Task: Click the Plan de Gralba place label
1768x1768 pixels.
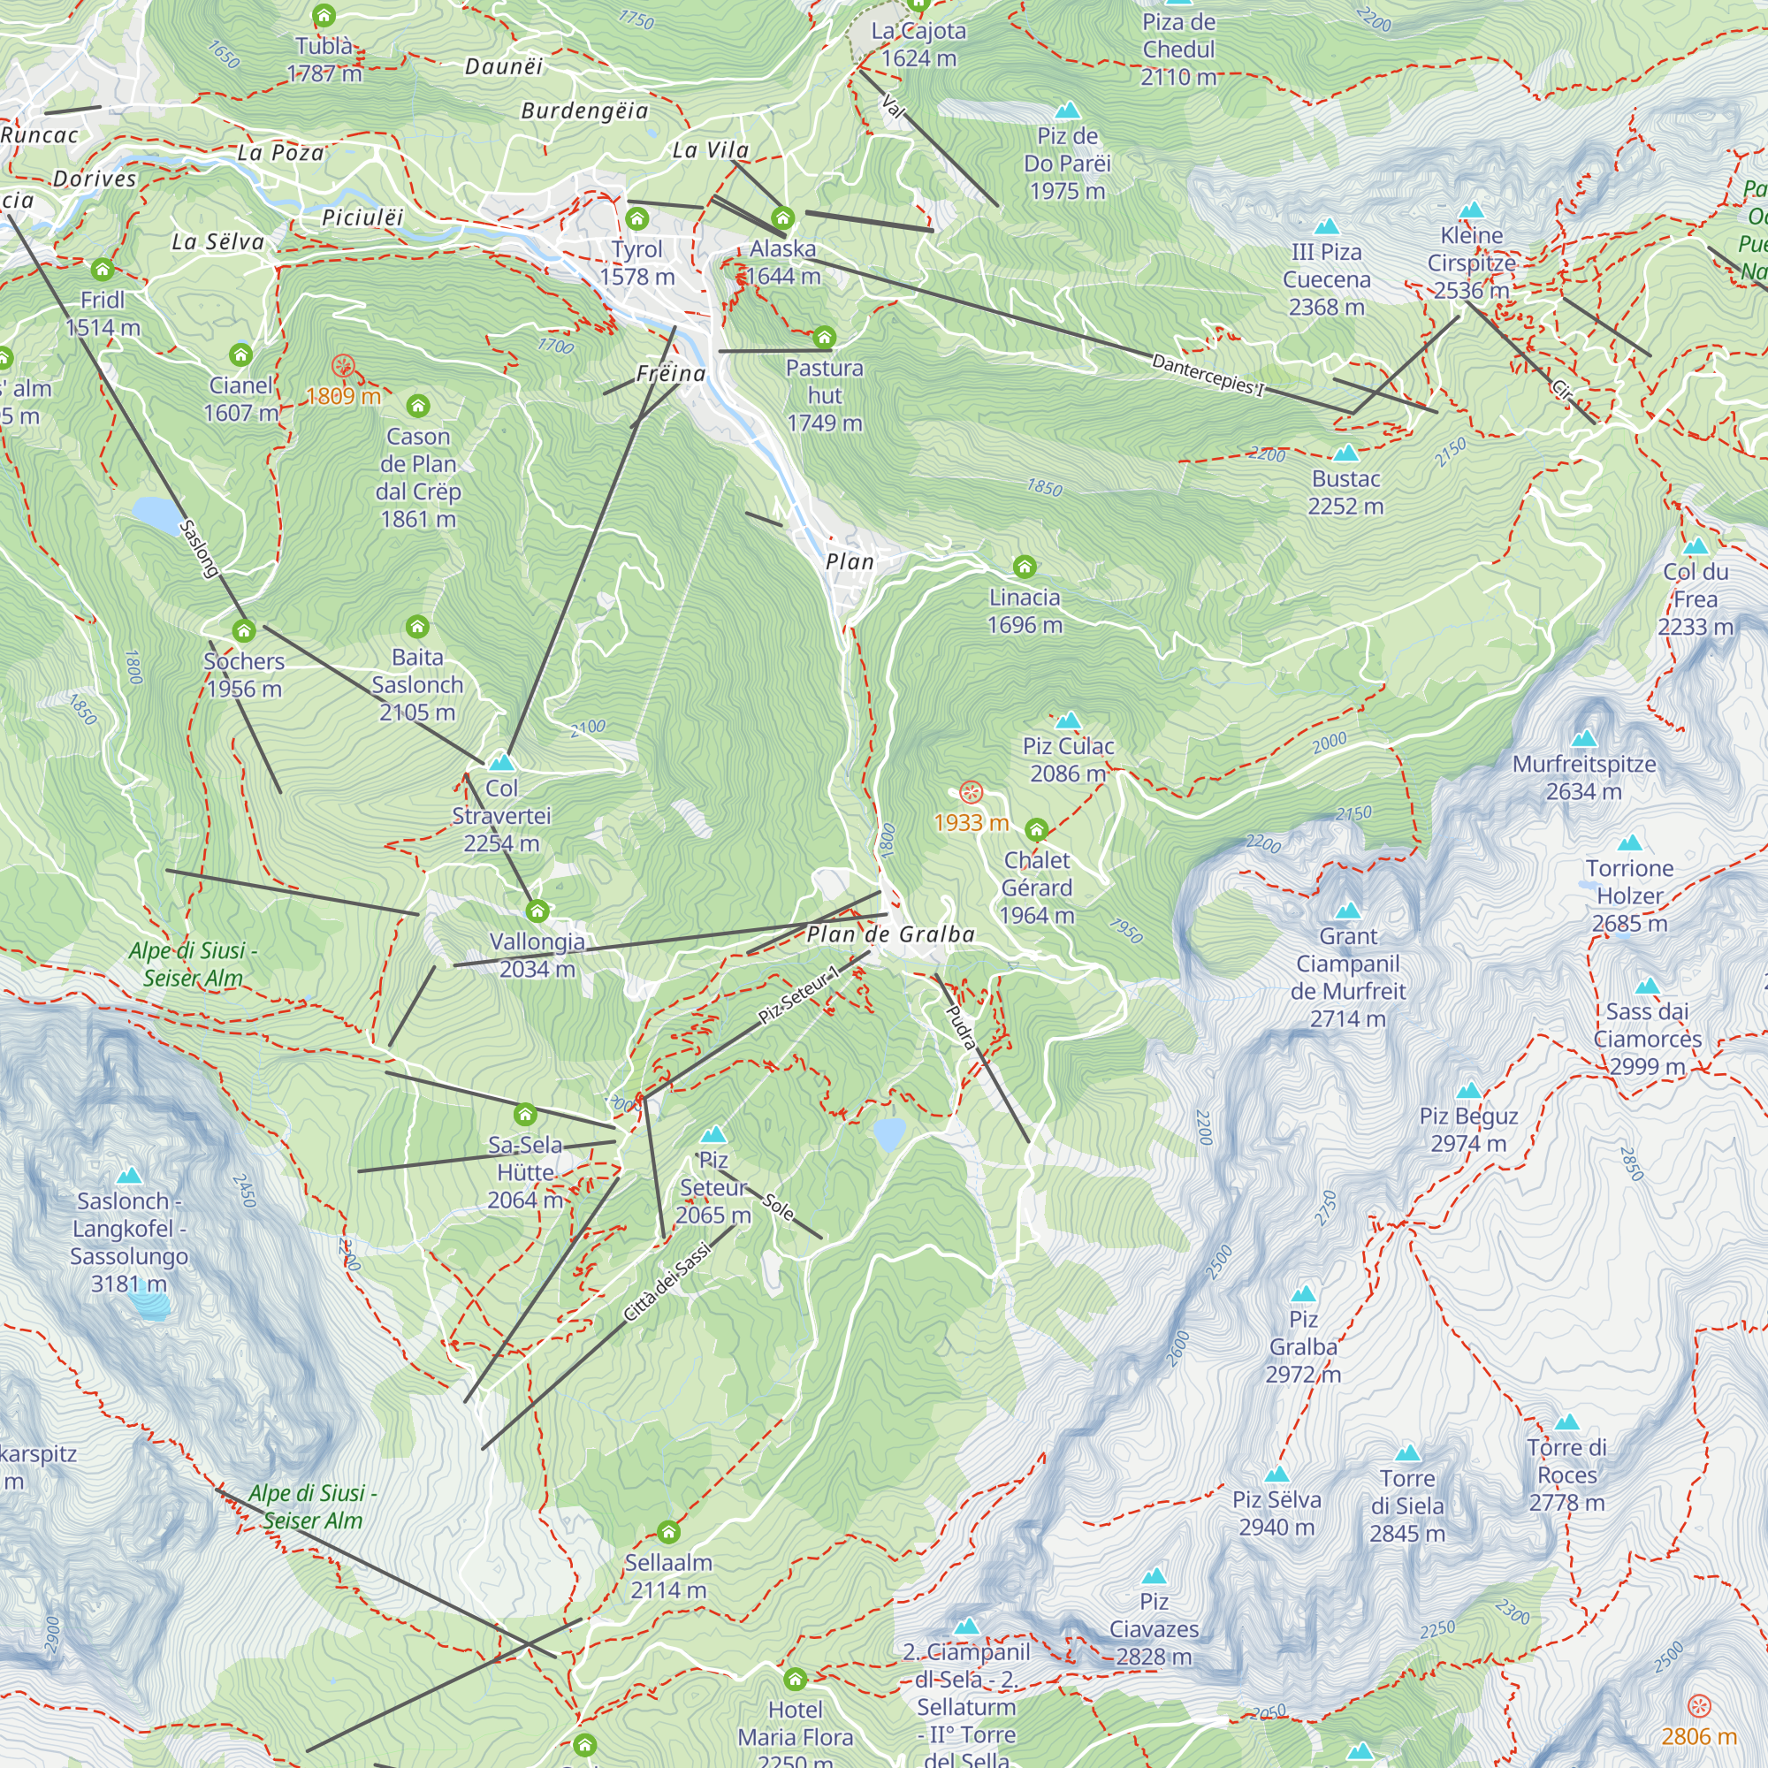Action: click(890, 934)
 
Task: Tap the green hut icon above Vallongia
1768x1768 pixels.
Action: click(537, 911)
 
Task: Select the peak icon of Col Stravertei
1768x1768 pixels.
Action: click(501, 761)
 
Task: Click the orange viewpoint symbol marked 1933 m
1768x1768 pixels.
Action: click(971, 792)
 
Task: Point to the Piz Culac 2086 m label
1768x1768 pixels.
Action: click(1068, 759)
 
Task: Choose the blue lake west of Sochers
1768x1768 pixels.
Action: click(157, 514)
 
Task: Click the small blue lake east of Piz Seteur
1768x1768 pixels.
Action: click(888, 1134)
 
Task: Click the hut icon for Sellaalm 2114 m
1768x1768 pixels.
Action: click(669, 1532)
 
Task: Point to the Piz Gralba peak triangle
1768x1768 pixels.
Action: click(1303, 1294)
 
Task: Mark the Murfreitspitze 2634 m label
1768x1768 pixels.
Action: click(1583, 777)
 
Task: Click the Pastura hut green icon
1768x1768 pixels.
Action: click(825, 337)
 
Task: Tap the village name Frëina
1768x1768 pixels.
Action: click(671, 373)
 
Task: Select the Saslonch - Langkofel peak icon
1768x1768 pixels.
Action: click(129, 1175)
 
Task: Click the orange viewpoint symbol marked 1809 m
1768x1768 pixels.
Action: click(343, 366)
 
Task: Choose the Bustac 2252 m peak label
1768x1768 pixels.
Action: click(1345, 492)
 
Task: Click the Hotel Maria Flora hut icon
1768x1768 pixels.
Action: click(796, 1679)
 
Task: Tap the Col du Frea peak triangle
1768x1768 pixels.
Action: click(1696, 546)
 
